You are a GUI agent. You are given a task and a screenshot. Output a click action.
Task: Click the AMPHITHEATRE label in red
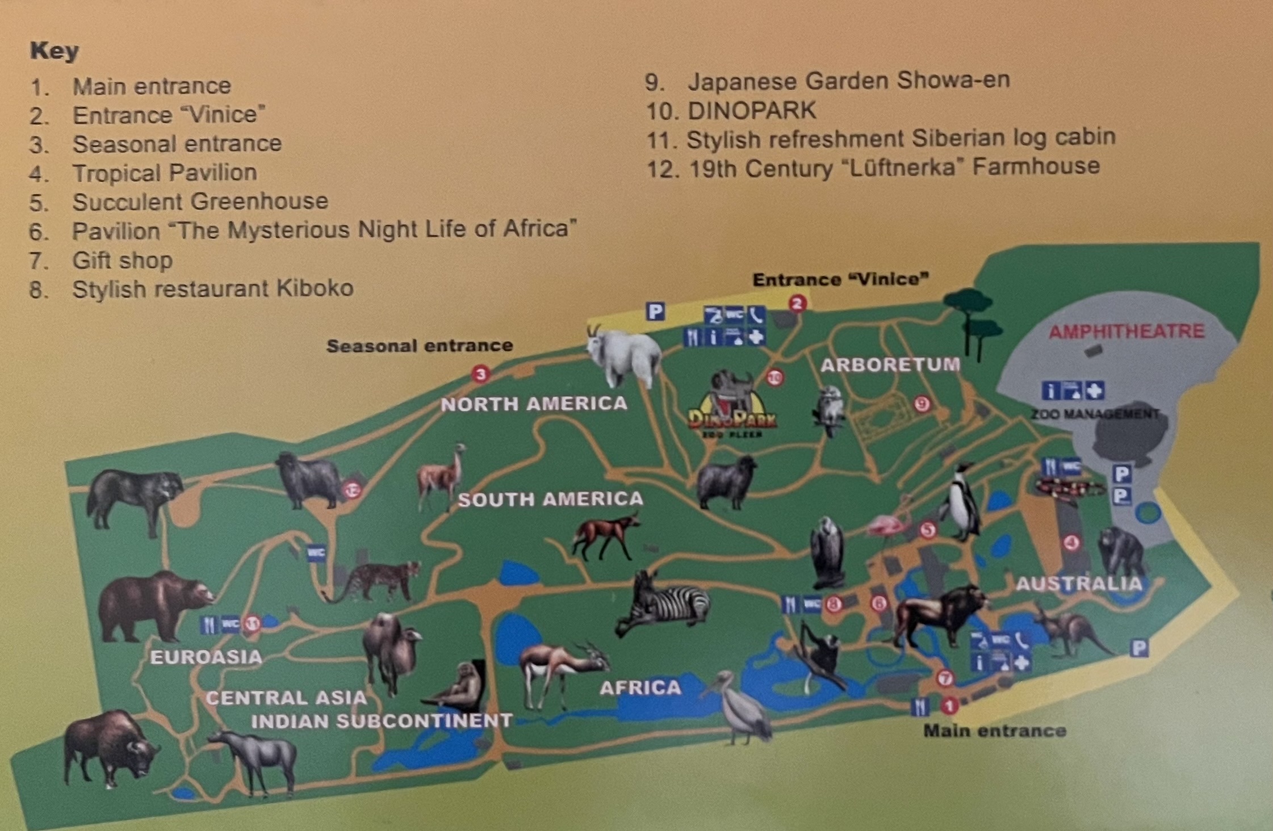click(x=1126, y=331)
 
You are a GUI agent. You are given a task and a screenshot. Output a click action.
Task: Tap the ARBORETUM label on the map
click(x=890, y=364)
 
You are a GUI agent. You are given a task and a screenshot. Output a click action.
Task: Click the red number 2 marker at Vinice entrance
click(x=797, y=304)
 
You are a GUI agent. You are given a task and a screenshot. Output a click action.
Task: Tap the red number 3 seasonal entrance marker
click(x=480, y=375)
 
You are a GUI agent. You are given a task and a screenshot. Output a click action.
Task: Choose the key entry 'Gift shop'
click(x=122, y=261)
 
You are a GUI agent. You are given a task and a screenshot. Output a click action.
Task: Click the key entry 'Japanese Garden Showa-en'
click(x=848, y=81)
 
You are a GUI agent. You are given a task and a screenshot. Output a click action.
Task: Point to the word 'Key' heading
click(x=54, y=51)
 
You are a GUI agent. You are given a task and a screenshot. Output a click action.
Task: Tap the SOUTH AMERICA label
click(x=550, y=499)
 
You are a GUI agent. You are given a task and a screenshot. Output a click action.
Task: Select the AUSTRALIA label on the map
click(x=1078, y=584)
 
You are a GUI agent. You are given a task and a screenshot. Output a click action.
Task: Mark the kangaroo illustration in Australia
click(x=1070, y=630)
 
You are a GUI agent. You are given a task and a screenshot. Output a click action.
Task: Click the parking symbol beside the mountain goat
click(x=655, y=311)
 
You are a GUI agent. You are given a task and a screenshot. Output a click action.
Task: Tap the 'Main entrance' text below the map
click(x=995, y=731)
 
